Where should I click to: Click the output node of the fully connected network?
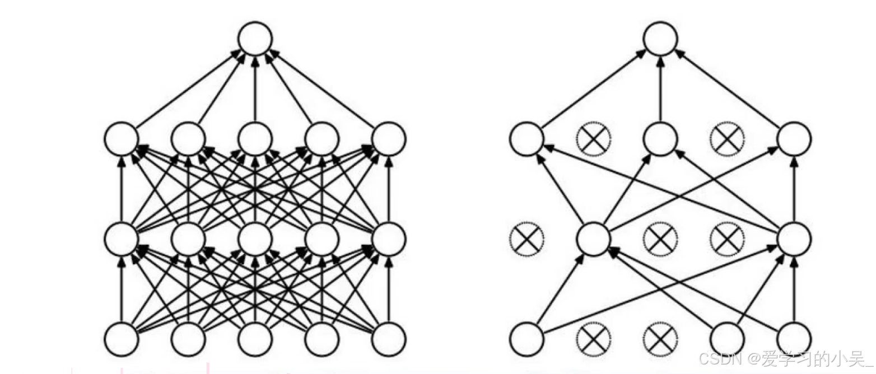255,39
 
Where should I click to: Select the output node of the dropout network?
660,39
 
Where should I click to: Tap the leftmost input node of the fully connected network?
122,339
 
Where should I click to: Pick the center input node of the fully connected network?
255,339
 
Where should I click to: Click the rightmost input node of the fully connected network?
388,339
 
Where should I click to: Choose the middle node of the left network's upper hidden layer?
255,138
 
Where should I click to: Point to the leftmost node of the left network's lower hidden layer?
122,239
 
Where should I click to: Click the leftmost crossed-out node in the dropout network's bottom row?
593,339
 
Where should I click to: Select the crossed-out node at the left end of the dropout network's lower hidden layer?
526,239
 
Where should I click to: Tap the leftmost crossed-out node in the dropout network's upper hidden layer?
593,138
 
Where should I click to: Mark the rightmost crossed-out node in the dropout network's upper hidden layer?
727,138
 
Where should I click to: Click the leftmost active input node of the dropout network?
526,339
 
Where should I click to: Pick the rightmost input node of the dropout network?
794,339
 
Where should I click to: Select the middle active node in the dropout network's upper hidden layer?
660,138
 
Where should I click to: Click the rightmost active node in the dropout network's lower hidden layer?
794,239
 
